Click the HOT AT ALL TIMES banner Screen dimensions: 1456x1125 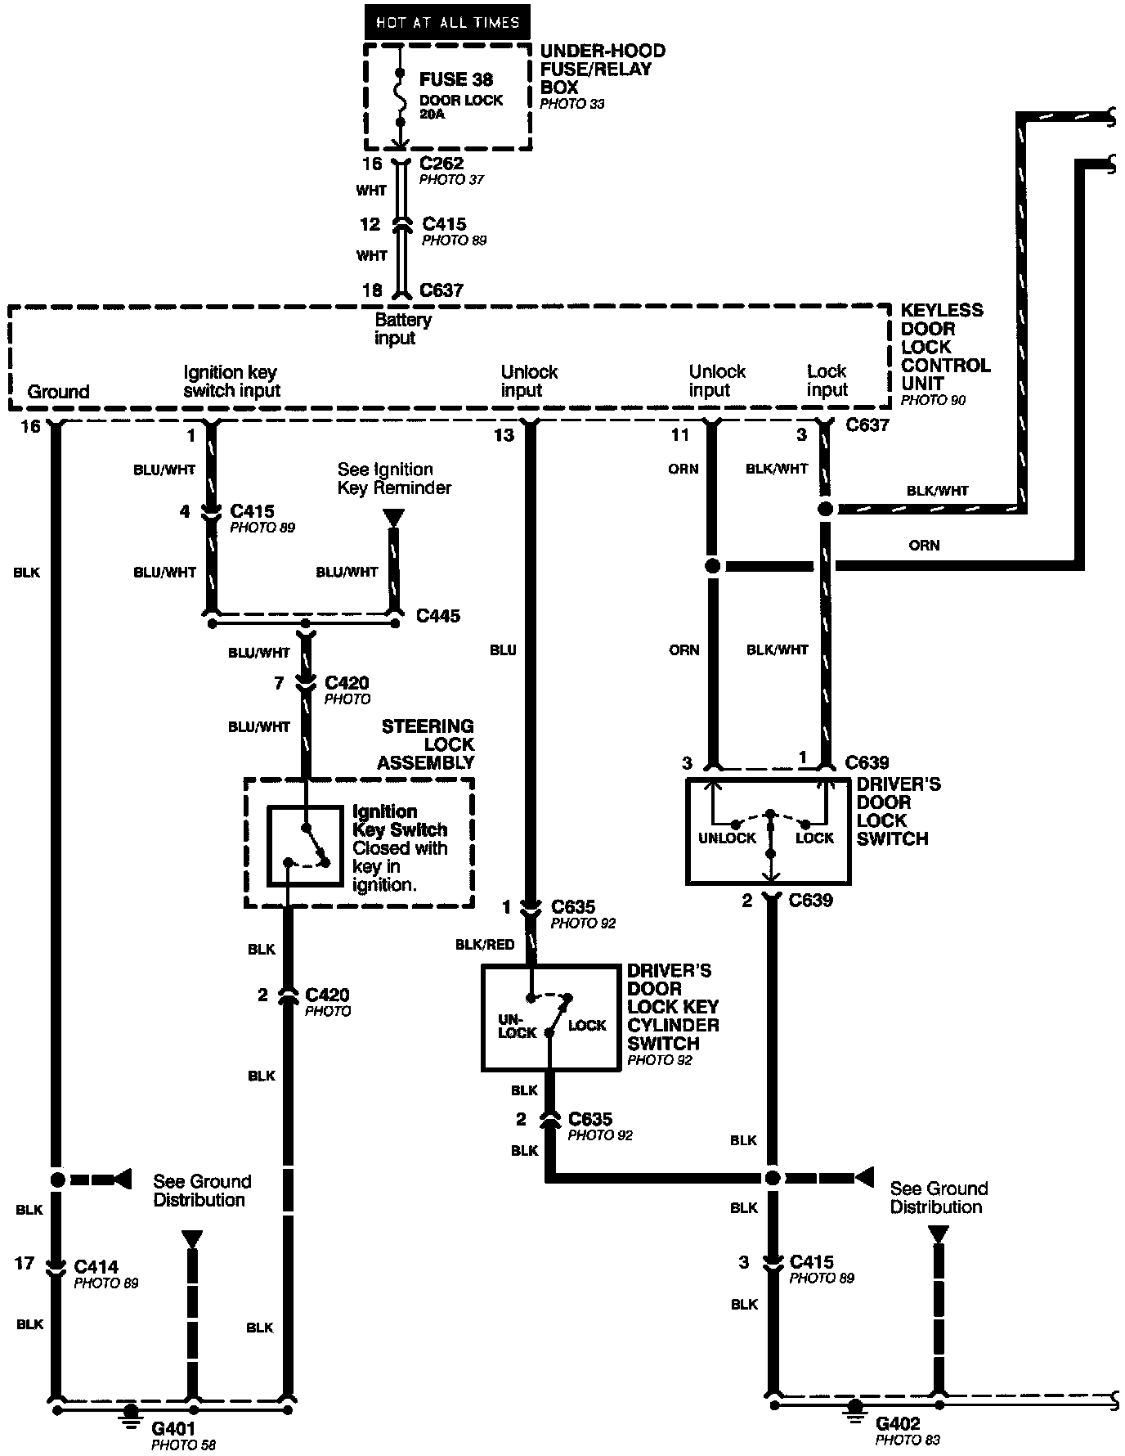pos(447,22)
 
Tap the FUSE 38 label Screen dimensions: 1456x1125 pos(455,79)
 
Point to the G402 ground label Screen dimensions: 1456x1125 pos(897,1424)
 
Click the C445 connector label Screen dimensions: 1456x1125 pos(438,616)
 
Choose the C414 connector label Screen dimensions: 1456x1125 pos(96,1267)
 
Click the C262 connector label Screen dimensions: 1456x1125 pos(441,164)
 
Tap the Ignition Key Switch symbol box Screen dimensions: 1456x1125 pos(305,847)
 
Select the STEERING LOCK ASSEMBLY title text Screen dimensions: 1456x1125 pos(426,744)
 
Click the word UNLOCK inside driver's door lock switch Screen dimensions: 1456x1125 pos(727,838)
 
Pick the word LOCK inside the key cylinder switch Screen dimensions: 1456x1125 pos(587,1025)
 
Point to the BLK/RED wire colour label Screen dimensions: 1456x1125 pos(485,945)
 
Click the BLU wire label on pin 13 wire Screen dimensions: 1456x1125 pos(504,650)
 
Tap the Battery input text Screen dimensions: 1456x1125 pos(402,329)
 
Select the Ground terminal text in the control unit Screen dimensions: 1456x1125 pos(58,392)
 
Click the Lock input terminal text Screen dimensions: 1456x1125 pos(827,381)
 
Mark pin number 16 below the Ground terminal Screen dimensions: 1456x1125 pos(30,426)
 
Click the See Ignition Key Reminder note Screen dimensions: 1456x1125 pos(394,479)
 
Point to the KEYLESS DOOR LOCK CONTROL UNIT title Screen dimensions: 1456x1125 pos(944,347)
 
